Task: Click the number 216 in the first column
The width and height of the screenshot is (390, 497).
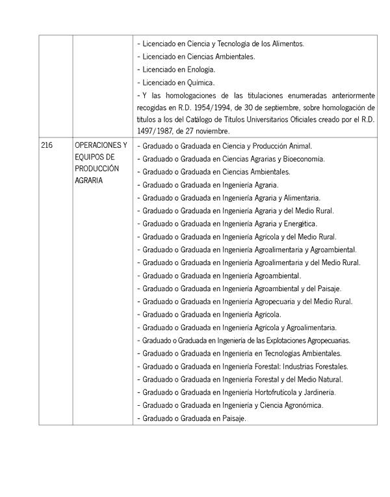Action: click(x=47, y=145)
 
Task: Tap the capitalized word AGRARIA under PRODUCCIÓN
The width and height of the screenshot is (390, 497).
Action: click(x=88, y=180)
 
